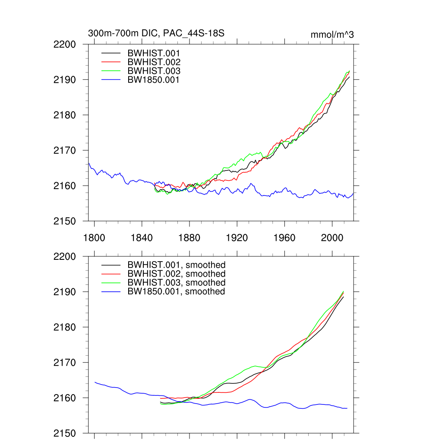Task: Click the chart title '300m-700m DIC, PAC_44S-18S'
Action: coord(156,33)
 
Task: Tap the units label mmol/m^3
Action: coord(332,35)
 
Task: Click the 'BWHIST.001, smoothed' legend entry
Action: coord(177,265)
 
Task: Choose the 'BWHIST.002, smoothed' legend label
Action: coord(177,274)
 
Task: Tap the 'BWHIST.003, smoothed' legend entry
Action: coord(177,282)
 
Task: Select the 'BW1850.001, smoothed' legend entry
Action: coord(176,291)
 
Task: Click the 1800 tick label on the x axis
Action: coord(94,238)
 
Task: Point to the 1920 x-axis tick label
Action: coord(237,238)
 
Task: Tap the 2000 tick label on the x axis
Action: coord(332,238)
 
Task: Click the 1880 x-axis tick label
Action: coord(189,238)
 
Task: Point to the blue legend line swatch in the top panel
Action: coord(111,79)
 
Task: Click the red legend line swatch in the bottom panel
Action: coord(111,274)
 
